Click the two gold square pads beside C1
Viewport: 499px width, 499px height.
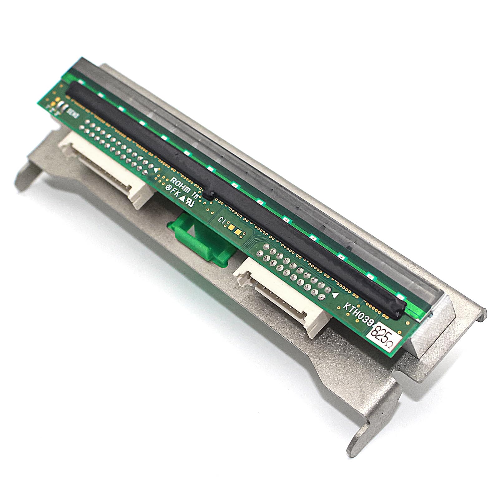[x=235, y=230]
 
